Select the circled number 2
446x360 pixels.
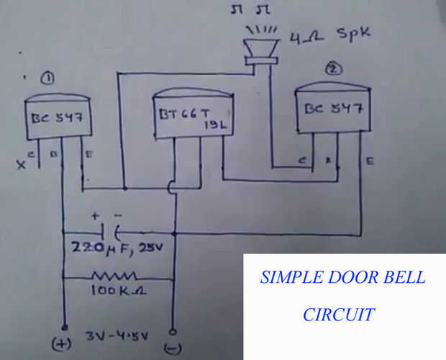(333, 70)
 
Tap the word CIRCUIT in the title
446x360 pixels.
(338, 315)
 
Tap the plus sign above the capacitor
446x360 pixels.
(94, 215)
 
